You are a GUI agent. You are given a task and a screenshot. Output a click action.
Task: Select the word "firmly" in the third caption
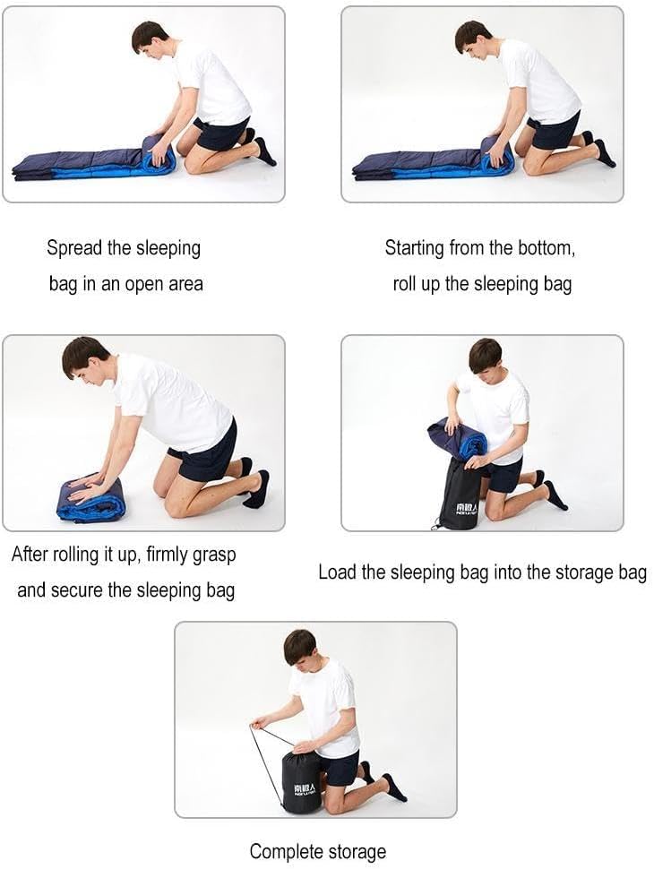(168, 555)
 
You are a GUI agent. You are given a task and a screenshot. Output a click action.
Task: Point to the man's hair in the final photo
(298, 644)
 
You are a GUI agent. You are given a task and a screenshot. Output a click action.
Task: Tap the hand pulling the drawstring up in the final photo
(261, 721)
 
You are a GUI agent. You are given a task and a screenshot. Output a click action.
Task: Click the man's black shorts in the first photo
(220, 133)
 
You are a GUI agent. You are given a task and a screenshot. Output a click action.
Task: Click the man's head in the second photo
(474, 40)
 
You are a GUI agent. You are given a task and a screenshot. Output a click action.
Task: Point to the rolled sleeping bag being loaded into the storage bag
(457, 438)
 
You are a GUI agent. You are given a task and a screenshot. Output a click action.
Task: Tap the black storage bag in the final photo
(302, 781)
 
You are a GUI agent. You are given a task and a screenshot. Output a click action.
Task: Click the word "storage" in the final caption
(357, 852)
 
